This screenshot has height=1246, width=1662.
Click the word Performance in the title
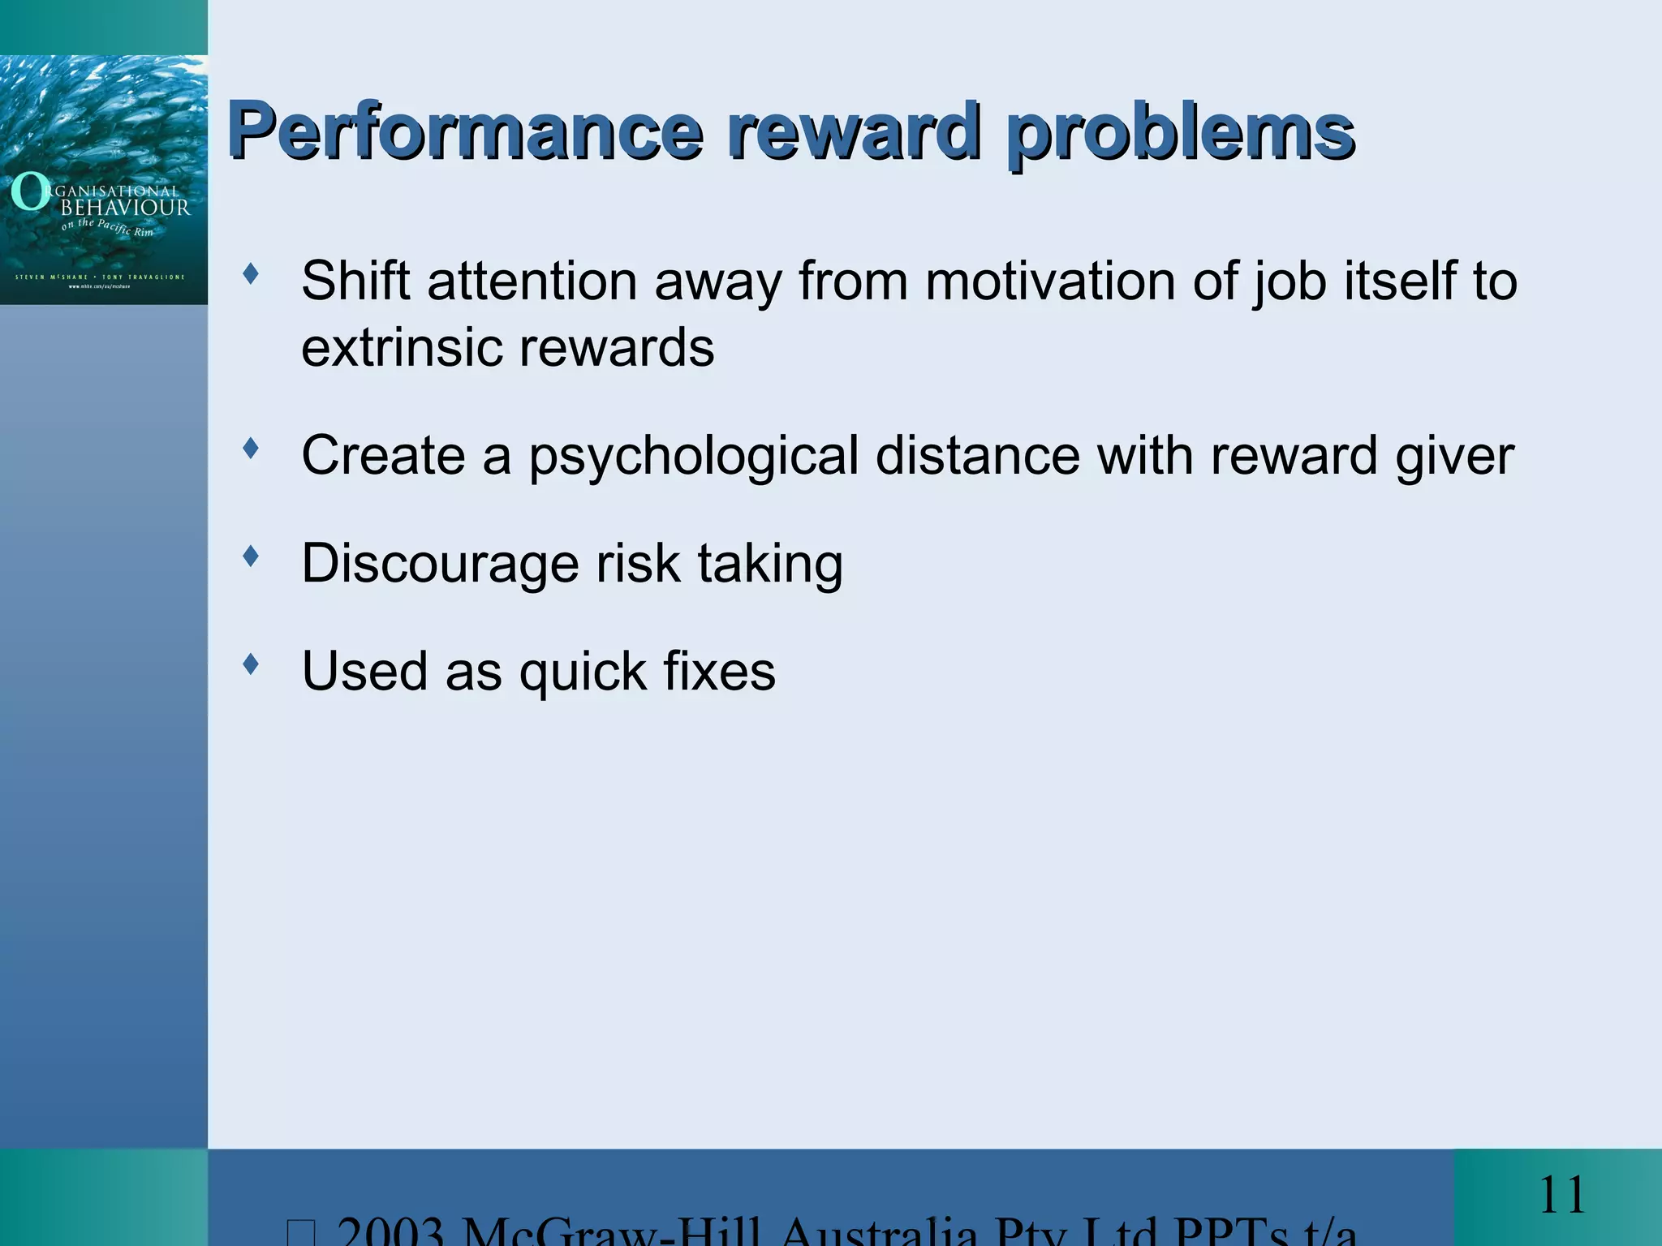464,131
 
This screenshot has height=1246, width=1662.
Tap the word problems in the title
1180,131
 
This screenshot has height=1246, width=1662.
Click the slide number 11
1561,1195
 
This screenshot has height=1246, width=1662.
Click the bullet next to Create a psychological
251,448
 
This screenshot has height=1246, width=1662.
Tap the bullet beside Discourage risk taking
251,556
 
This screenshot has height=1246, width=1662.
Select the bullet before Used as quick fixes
251,664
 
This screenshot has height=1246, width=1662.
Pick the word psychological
694,456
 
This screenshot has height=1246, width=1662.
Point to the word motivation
1050,281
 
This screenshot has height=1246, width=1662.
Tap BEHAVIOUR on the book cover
126,208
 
